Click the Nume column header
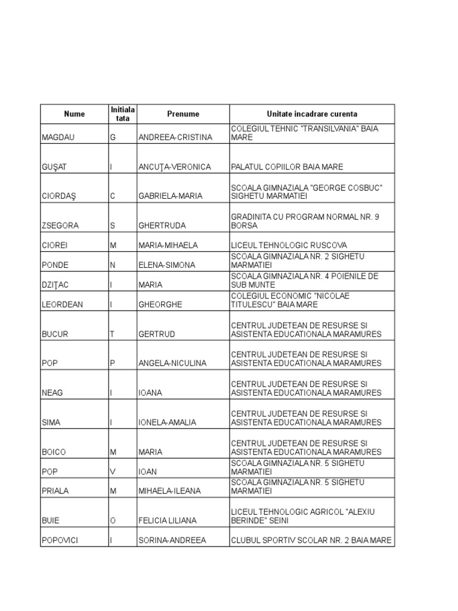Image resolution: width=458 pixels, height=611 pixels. pyautogui.click(x=75, y=114)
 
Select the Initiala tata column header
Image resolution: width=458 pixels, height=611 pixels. pyautogui.click(x=122, y=114)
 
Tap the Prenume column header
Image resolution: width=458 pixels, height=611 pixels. pyautogui.click(x=183, y=114)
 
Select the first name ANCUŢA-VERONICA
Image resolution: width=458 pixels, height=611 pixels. pyautogui.click(x=175, y=167)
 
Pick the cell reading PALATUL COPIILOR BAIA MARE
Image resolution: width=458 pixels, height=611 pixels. pyautogui.click(x=287, y=167)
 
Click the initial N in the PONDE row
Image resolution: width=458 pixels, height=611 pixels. pyautogui.click(x=112, y=265)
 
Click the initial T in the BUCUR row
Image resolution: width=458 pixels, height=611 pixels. pyautogui.click(x=112, y=334)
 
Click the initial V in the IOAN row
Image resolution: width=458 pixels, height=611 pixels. pyautogui.click(x=112, y=471)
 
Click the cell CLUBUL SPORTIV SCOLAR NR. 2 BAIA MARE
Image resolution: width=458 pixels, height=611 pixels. pyautogui.click(x=311, y=541)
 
